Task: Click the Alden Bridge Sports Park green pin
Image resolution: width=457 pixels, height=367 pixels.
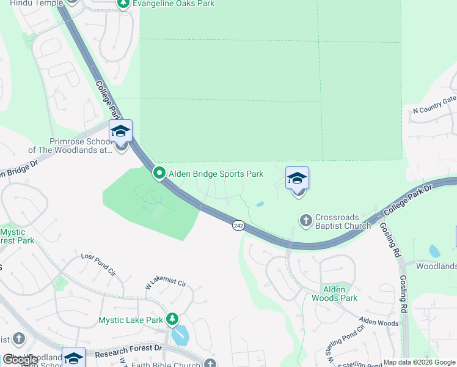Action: (x=159, y=174)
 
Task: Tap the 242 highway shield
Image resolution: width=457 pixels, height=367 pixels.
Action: (x=238, y=226)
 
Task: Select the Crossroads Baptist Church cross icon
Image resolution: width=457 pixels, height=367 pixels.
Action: (x=306, y=220)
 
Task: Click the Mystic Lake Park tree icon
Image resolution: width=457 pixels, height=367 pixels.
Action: (x=173, y=319)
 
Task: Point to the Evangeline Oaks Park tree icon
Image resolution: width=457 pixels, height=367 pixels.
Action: (x=123, y=4)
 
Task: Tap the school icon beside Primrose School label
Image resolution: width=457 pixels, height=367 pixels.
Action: (x=120, y=131)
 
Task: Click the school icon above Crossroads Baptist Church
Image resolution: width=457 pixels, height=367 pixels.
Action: (x=297, y=178)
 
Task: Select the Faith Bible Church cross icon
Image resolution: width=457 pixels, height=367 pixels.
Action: (x=210, y=364)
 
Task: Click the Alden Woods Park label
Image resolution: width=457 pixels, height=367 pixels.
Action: (x=334, y=294)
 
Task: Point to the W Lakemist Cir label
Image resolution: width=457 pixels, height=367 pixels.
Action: (x=164, y=284)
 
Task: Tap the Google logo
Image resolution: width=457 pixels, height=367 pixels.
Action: (x=20, y=360)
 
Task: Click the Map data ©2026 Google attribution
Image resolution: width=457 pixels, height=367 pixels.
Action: (x=419, y=362)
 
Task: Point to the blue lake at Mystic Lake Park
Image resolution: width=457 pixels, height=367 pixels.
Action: (x=180, y=335)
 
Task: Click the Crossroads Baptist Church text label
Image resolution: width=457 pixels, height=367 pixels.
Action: (x=343, y=221)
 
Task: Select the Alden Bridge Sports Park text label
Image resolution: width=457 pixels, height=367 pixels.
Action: (x=216, y=174)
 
